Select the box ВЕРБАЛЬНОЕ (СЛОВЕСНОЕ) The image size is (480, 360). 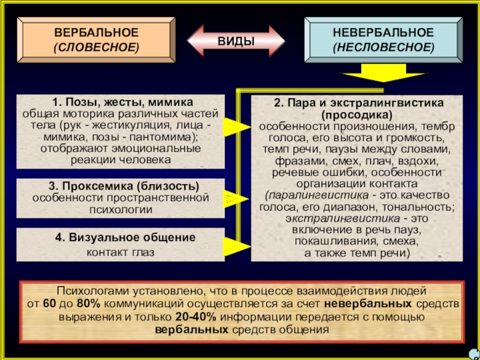tap(96, 39)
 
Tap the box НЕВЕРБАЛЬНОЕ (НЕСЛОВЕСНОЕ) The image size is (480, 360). tap(383, 39)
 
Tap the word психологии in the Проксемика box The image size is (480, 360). tap(119, 209)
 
